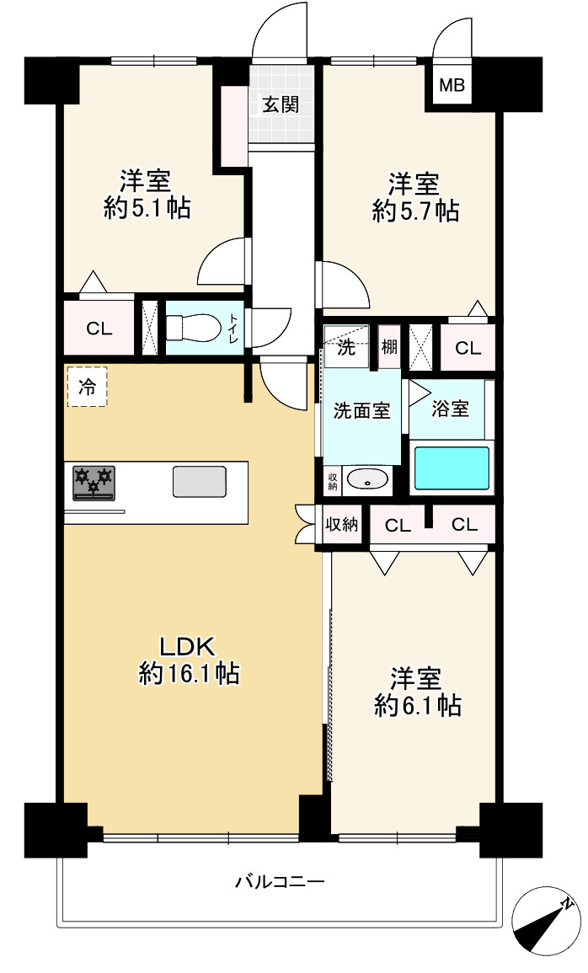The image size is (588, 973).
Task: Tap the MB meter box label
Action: pyautogui.click(x=453, y=85)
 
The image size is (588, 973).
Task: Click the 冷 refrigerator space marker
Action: pyautogui.click(x=87, y=388)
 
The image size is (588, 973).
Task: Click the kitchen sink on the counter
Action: pyautogui.click(x=199, y=481)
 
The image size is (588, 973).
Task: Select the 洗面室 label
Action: pyautogui.click(x=361, y=411)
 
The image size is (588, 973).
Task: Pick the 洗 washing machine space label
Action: pyautogui.click(x=346, y=350)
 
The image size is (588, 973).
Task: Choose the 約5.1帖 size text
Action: pyautogui.click(x=147, y=207)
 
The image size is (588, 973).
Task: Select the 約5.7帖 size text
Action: pyautogui.click(x=415, y=210)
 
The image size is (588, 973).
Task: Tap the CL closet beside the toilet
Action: pyautogui.click(x=99, y=329)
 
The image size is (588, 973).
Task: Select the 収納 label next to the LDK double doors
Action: pyautogui.click(x=342, y=525)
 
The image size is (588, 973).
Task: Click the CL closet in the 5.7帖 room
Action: pyautogui.click(x=468, y=347)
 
